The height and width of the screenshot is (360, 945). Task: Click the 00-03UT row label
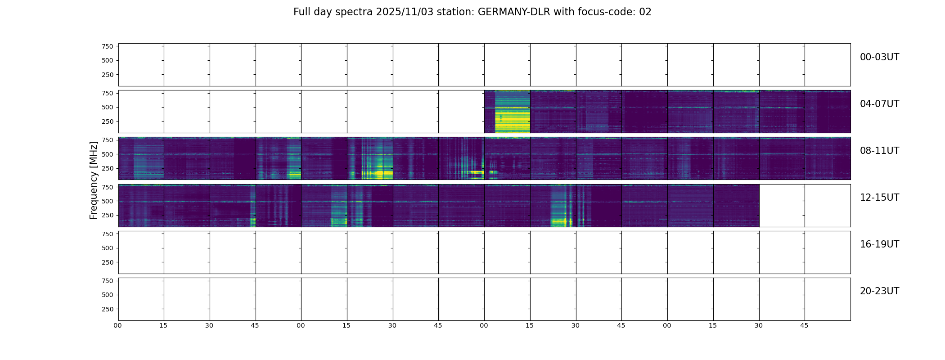879,57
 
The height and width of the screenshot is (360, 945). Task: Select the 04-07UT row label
879,104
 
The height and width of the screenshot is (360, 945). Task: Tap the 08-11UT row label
879,151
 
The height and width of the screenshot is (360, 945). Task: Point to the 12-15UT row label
879,198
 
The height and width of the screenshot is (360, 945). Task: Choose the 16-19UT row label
879,244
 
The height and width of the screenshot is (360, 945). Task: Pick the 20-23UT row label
879,291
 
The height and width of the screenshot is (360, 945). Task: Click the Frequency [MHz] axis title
94,180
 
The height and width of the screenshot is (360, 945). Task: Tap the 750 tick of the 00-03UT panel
107,46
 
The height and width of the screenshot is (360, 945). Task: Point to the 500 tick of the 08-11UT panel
107,154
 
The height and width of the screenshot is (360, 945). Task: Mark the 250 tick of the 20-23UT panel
107,309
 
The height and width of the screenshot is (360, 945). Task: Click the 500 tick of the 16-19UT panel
107,248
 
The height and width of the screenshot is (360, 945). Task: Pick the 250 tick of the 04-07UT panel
107,121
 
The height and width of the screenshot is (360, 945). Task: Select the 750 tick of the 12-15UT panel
107,187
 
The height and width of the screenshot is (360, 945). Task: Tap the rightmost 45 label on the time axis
804,325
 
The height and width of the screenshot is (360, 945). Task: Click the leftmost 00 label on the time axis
118,325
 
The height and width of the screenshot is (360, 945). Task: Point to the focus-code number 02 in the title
645,12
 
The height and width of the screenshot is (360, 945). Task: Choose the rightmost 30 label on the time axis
759,325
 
